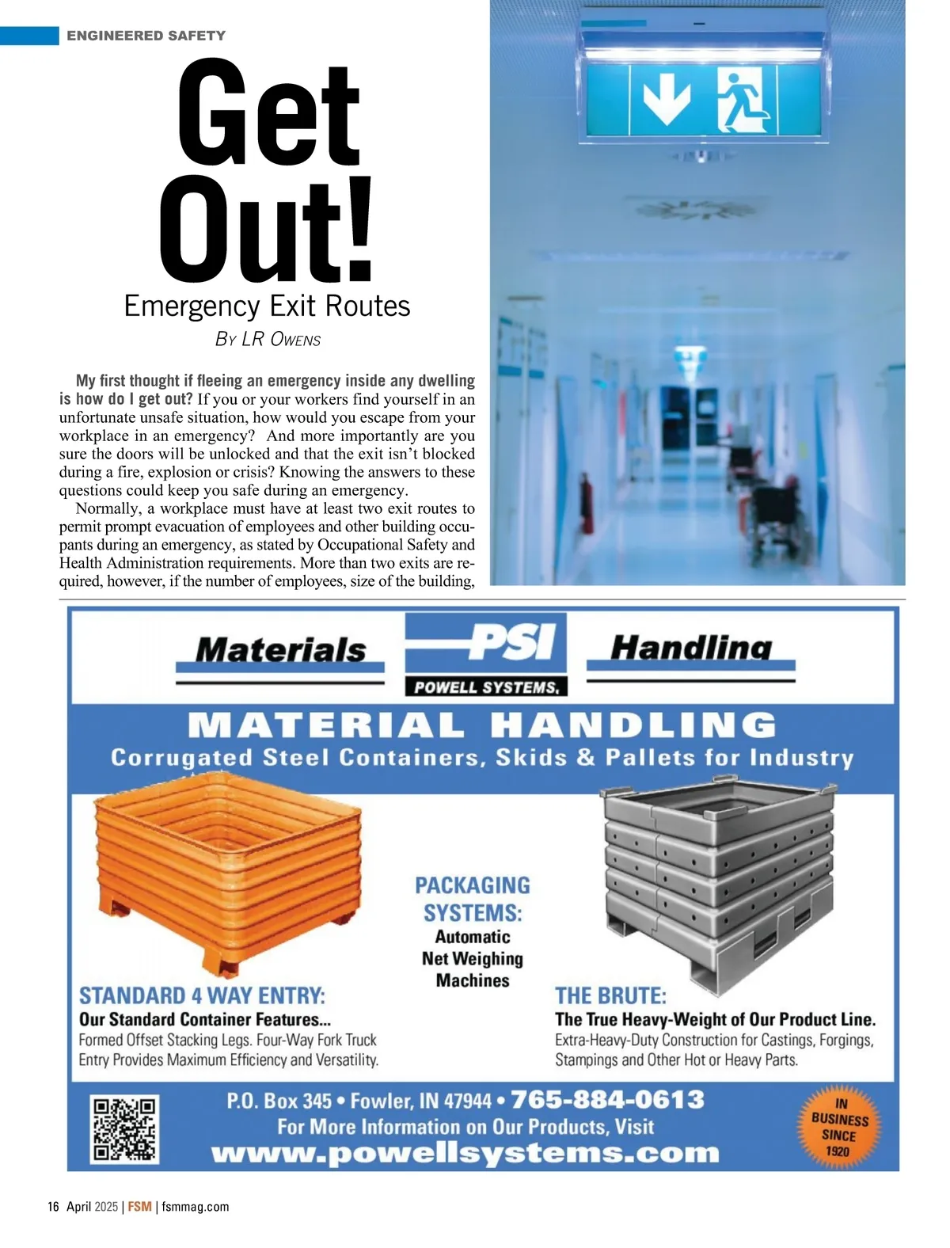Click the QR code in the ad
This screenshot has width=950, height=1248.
click(125, 1129)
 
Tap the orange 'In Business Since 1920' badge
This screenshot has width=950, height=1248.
click(839, 1127)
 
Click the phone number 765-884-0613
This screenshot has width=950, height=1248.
click(607, 1100)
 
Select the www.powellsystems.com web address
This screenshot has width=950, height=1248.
click(465, 1153)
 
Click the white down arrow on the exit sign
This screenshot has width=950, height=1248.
click(666, 99)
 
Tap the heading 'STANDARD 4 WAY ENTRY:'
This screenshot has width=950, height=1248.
click(202, 995)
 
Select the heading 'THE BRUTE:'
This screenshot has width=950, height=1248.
click(610, 995)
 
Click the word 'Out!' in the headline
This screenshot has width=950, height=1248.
click(266, 230)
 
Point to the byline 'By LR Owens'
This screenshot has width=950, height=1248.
click(268, 339)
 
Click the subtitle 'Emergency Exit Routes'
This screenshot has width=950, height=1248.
click(267, 306)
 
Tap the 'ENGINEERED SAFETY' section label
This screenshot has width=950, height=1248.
click(146, 36)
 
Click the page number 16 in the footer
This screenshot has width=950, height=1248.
click(53, 1207)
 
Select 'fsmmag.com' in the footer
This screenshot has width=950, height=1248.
click(195, 1207)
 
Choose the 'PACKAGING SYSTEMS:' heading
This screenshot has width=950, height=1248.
click(473, 899)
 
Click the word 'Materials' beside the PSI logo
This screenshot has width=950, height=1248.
click(280, 650)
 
